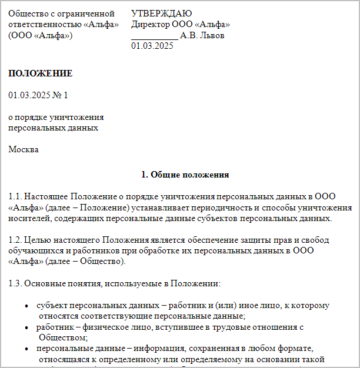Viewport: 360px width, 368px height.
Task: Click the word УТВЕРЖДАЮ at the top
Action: (161, 14)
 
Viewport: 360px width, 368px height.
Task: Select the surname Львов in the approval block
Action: (212, 36)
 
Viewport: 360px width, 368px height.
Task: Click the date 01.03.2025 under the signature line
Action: (152, 46)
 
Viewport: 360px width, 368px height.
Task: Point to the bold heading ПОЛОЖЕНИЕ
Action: (41, 73)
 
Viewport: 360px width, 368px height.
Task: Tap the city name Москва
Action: (24, 149)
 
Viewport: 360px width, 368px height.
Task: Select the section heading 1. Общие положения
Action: (185, 175)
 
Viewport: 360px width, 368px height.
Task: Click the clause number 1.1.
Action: (15, 196)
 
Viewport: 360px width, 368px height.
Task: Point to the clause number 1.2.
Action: (15, 240)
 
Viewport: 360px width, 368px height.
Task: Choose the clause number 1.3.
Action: (15, 284)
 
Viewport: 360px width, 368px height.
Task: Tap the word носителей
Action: (28, 219)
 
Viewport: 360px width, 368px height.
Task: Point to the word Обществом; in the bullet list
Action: (63, 338)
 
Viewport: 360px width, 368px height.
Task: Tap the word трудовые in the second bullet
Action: (244, 327)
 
